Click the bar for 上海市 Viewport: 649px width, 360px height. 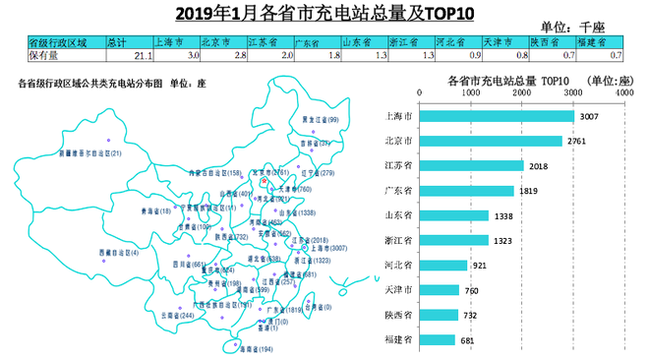pos(497,116)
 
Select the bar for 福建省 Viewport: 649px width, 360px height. pos(438,339)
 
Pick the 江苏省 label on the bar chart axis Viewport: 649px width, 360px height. pos(400,166)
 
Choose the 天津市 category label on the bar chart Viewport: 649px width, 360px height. pos(400,290)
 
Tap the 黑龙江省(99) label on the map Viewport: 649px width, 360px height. pos(321,119)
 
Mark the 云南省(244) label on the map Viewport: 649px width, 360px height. pos(171,316)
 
